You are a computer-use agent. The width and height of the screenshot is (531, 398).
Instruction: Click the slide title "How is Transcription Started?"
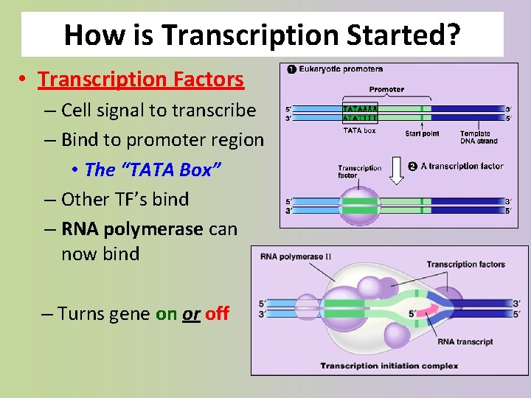point(262,35)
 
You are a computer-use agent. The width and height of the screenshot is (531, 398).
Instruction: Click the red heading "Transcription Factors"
point(141,78)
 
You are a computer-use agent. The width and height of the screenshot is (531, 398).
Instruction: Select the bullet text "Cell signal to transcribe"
point(159,111)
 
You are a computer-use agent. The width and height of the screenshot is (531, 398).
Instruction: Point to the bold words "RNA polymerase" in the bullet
point(132,228)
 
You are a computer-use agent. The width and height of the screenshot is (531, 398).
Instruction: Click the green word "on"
point(166,313)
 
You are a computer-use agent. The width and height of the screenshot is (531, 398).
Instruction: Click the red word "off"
point(218,313)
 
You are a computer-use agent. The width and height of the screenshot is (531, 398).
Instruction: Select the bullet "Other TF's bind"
point(125,199)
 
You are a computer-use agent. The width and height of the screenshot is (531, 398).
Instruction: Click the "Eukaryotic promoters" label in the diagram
point(341,69)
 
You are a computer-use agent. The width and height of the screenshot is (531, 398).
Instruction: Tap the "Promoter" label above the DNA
point(386,89)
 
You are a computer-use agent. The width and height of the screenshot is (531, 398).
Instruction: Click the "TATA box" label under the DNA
point(359,131)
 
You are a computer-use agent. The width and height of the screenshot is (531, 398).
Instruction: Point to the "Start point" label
point(422,133)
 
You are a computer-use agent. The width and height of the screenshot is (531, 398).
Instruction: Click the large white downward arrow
point(397,170)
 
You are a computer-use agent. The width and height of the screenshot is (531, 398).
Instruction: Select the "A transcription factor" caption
point(462,166)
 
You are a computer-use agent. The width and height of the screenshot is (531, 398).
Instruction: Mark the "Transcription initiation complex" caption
point(389,366)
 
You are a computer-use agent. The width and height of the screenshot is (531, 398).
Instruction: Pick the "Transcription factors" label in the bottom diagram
point(465,264)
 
